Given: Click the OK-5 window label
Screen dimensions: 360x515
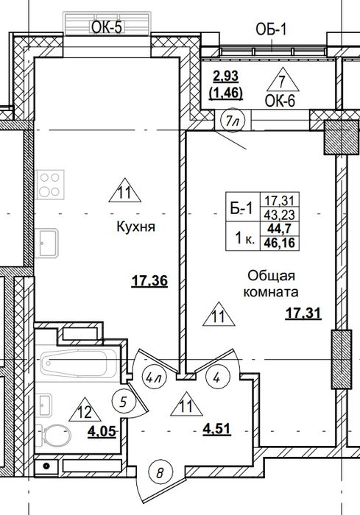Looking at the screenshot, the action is click(107, 28).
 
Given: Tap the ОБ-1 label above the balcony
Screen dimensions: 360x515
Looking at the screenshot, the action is click(271, 30).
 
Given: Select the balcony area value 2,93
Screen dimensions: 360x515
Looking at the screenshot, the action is click(226, 77).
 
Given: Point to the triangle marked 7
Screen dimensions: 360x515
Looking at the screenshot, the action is click(283, 79).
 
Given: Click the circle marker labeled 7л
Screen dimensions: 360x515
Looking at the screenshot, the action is click(233, 121).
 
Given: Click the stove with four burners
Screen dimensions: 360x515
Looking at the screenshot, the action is click(50, 185).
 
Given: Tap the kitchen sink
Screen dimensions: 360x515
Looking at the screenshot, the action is click(46, 243).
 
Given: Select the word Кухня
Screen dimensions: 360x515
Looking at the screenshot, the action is click(135, 227).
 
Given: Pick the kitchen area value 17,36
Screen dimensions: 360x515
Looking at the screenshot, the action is click(149, 282).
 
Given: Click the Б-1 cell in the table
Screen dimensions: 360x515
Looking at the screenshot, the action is click(243, 208).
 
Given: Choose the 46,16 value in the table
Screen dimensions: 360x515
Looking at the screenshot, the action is click(280, 244).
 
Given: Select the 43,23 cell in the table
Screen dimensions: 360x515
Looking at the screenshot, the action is click(280, 215).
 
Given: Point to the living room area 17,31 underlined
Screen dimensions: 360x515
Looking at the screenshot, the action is click(303, 313).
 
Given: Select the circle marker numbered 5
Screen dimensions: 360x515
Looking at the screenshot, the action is click(124, 402).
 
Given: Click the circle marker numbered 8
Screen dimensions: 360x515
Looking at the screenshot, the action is click(160, 473).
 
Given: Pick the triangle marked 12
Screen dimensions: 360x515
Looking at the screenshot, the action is click(85, 410).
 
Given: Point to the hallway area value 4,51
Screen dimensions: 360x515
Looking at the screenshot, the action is click(216, 429).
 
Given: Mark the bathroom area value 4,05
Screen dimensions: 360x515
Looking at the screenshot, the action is click(102, 431).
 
